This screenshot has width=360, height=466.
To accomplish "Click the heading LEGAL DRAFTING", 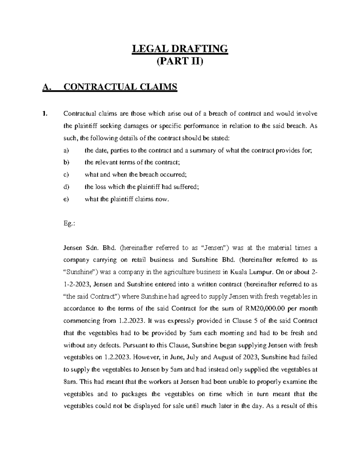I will click(180, 49).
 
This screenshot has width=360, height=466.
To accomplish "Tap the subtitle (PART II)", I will click(180, 62).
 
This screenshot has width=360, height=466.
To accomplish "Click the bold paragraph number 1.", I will click(45, 114).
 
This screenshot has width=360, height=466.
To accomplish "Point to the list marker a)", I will click(66, 150).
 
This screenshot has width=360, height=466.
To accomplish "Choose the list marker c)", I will click(66, 175).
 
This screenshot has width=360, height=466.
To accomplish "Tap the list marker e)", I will click(66, 199).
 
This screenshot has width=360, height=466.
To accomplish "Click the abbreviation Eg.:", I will click(68, 224).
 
